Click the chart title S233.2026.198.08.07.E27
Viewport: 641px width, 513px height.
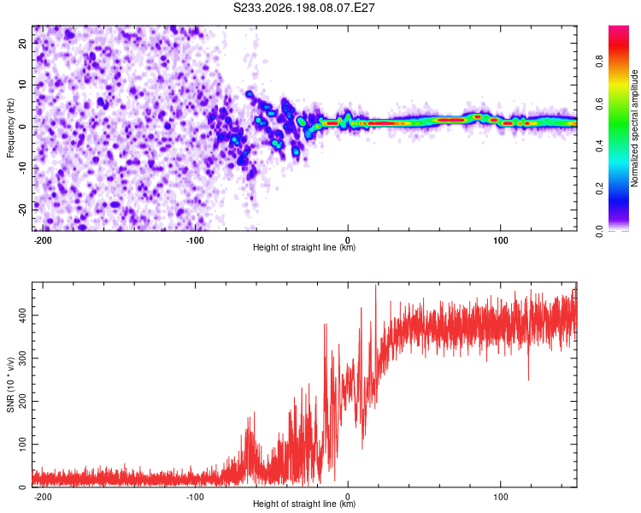pyautogui.click(x=303, y=8)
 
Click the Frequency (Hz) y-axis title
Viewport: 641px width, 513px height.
pyautogui.click(x=10, y=128)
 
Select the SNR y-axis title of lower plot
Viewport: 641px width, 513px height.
pyautogui.click(x=10, y=385)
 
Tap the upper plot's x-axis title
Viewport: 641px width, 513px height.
pyautogui.click(x=304, y=247)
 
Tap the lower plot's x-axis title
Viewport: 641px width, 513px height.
pyautogui.click(x=304, y=504)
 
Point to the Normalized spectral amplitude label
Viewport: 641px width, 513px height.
pyautogui.click(x=634, y=128)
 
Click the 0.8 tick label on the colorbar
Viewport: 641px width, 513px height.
pyautogui.click(x=600, y=61)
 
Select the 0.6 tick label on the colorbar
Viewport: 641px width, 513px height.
pyautogui.click(x=600, y=103)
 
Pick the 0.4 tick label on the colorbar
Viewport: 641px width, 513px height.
pyautogui.click(x=600, y=146)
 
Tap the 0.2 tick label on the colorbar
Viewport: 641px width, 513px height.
pyautogui.click(x=600, y=189)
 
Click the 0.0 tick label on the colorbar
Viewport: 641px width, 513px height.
pyautogui.click(x=600, y=231)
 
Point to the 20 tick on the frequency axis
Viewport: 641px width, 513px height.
pyautogui.click(x=23, y=43)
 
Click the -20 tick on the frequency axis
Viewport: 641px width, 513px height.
pyautogui.click(x=23, y=209)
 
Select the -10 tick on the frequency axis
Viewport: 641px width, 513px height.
pyautogui.click(x=23, y=168)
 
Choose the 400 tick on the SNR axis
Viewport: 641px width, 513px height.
pyautogui.click(x=23, y=315)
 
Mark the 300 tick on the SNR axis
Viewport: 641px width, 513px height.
pyautogui.click(x=23, y=358)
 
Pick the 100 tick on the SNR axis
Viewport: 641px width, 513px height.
pyautogui.click(x=23, y=445)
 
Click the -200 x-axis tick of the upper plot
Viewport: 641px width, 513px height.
pyautogui.click(x=42, y=240)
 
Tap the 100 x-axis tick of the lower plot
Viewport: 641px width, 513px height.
pyautogui.click(x=500, y=497)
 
